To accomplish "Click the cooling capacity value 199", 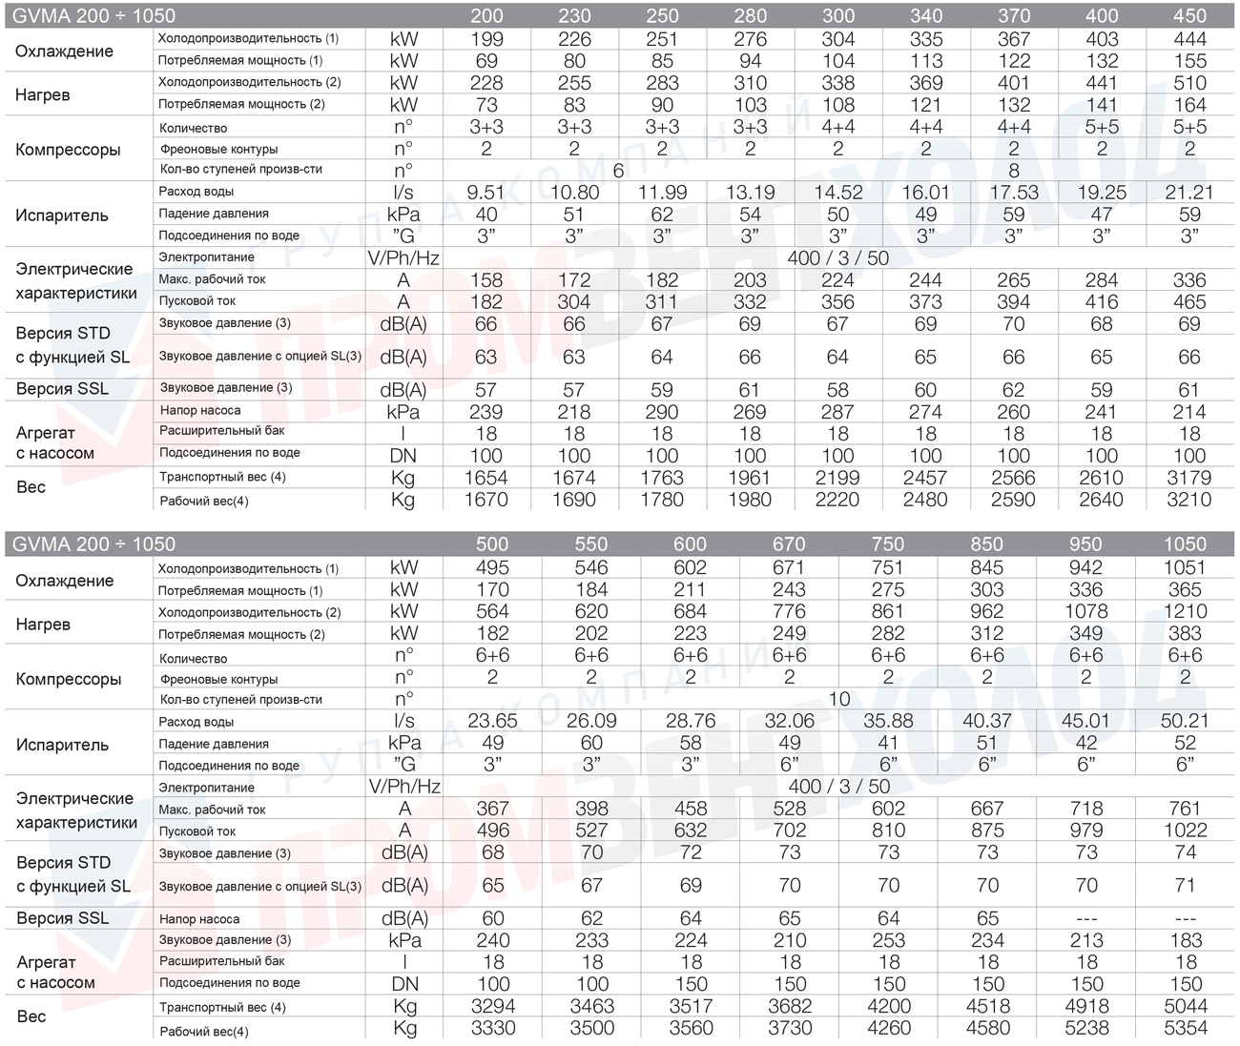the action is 486,39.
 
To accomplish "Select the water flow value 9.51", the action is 486,193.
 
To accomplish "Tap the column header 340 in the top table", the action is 926,16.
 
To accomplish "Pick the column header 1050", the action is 1185,544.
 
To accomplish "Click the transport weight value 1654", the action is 486,478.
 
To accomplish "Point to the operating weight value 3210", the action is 1188,500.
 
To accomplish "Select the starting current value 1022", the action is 1185,830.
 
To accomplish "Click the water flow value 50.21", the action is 1185,721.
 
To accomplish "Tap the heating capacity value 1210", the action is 1185,611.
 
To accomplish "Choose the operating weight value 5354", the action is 1185,1028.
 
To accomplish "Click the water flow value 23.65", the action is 492,721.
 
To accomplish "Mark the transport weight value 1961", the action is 750,478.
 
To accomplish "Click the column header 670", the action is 789,544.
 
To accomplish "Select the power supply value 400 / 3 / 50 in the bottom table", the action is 839,787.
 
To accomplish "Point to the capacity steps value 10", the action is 839,699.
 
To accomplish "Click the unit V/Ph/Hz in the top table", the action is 403,258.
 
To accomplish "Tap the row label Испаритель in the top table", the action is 62,215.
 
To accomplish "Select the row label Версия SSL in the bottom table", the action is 62,918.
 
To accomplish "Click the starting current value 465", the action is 1188,302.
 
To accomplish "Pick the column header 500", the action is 492,544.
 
